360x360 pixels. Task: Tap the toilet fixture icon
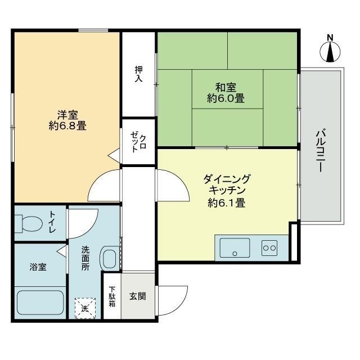(29, 223)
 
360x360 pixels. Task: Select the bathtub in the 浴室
(40, 303)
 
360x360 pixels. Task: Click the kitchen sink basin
(235, 247)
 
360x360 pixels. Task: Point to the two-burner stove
(269, 248)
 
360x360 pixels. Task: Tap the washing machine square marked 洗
(85, 308)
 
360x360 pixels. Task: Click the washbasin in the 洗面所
(110, 258)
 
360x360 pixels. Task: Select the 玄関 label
(137, 296)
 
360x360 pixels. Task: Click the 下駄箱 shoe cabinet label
(112, 296)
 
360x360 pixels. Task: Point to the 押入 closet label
(139, 74)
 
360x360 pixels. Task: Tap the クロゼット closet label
(138, 142)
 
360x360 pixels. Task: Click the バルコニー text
(321, 151)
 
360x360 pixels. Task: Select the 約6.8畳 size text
(67, 126)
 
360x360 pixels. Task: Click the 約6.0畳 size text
(226, 98)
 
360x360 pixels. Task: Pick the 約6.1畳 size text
(227, 202)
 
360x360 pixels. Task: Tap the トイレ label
(52, 222)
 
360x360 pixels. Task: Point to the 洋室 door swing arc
(97, 181)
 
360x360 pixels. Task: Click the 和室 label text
(226, 88)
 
